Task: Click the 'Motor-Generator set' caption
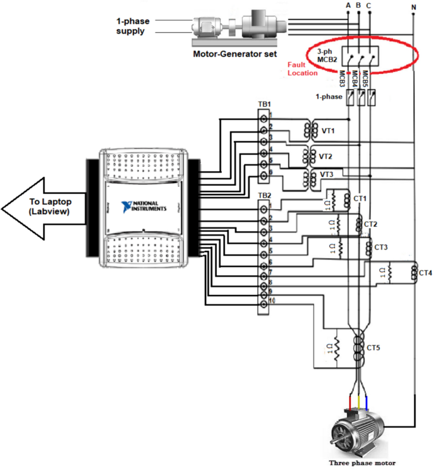point(235,54)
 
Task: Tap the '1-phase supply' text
point(133,26)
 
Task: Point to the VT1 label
point(329,131)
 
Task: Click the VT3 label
point(327,174)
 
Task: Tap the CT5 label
point(374,347)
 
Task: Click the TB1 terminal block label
point(264,104)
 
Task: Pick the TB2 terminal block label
point(264,195)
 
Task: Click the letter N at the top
point(413,8)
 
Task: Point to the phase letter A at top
point(348,6)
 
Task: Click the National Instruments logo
point(147,207)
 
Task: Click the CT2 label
point(371,224)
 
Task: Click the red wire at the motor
point(350,402)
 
